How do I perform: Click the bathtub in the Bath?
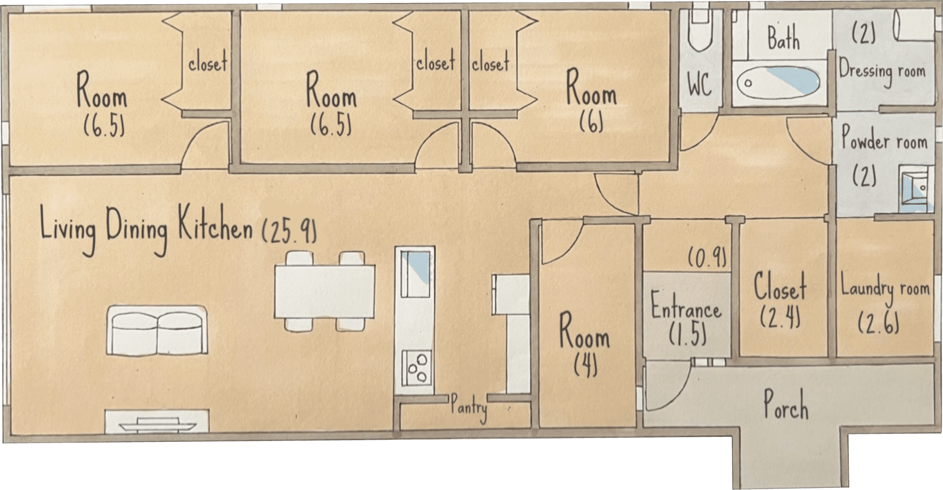tap(778, 83)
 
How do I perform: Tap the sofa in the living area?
tap(157, 331)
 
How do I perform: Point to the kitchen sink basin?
tap(415, 274)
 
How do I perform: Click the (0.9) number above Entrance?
tap(707, 258)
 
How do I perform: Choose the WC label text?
tap(699, 84)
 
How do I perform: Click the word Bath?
tap(783, 38)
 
